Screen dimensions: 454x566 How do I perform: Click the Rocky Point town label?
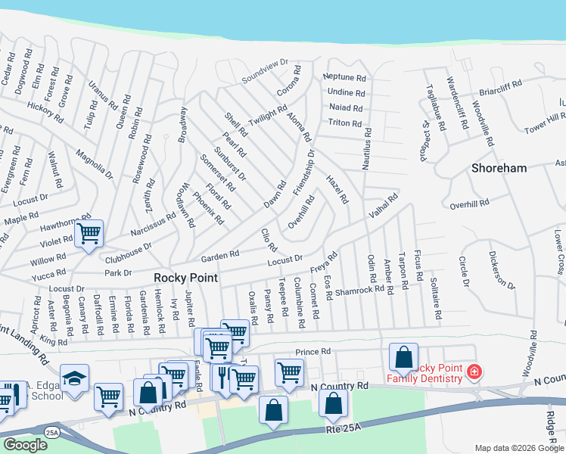(x=186, y=278)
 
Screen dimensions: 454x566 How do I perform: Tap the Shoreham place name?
(x=499, y=168)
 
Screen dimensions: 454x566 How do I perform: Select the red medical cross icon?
(x=474, y=372)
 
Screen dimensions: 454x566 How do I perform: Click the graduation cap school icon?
(x=75, y=378)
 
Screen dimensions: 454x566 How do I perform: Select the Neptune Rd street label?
(x=344, y=78)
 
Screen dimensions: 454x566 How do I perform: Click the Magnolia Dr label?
(x=94, y=164)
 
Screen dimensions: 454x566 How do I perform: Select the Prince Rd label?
(x=313, y=352)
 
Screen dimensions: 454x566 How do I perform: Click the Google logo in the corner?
(x=25, y=445)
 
